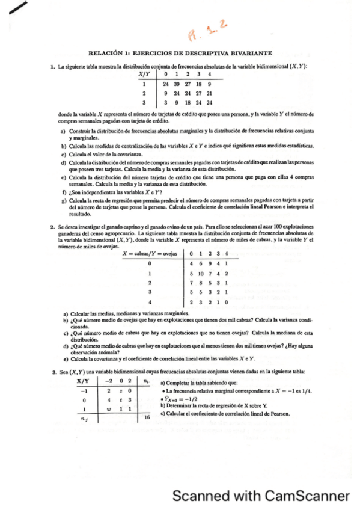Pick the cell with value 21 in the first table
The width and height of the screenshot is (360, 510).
coord(209,94)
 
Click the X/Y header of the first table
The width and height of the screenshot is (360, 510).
coord(144,74)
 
